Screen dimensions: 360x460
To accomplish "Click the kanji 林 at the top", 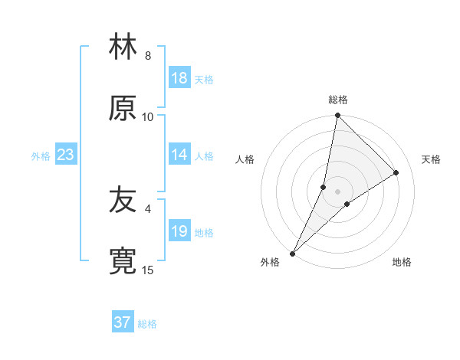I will tap(123, 47).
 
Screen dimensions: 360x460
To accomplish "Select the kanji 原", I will tap(123, 109).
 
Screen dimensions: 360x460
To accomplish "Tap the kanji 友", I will tap(123, 201).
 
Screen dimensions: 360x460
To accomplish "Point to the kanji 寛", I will tap(123, 262).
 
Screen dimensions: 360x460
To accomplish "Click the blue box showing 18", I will tap(179, 78).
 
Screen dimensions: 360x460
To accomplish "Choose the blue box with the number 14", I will tap(179, 155).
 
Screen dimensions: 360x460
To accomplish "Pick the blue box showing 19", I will tap(179, 232).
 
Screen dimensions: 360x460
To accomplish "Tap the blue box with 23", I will tap(66, 155).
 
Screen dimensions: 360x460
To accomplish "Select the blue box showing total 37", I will tap(123, 322).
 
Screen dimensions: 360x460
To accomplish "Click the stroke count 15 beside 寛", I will tap(148, 270).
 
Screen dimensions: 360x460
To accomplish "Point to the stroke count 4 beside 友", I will tap(148, 208).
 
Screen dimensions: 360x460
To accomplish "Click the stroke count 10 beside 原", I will tap(148, 116).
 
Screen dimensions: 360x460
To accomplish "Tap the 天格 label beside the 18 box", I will tap(204, 80).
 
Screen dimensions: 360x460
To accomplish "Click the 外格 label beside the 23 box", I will tap(41, 156).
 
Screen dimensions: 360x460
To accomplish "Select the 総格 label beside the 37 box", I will tap(147, 324).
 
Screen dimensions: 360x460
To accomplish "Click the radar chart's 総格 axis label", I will tap(338, 100).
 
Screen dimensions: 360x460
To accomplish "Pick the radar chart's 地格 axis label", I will tap(402, 263).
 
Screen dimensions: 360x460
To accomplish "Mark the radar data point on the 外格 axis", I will tap(292, 254).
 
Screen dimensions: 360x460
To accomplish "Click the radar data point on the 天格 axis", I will tap(396, 173).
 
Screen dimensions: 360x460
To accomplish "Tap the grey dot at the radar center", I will tap(338, 191).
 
